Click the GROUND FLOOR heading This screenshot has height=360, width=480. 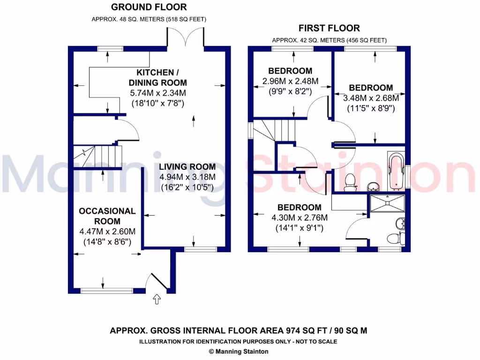tap(149, 7)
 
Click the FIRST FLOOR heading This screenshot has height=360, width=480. tap(330, 28)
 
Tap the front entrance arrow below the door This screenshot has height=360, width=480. tap(157, 299)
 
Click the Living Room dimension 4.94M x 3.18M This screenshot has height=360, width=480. tap(187, 177)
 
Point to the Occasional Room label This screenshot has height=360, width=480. tap(107, 216)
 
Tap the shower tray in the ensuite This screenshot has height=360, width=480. tap(387, 203)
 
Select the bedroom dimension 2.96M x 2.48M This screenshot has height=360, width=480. tap(290, 81)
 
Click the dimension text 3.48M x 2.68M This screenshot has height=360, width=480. tap(371, 98)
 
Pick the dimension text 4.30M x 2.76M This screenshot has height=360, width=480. tap(299, 217)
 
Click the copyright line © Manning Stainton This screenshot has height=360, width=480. tap(239, 351)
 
